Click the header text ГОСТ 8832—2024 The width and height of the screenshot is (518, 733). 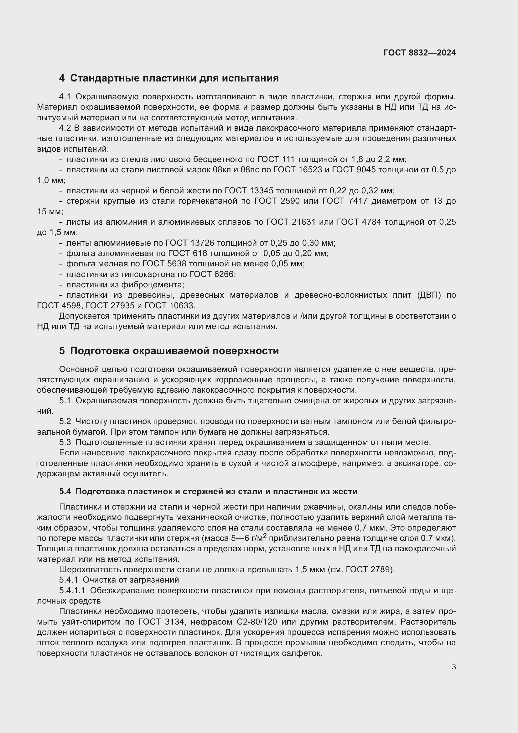click(419, 53)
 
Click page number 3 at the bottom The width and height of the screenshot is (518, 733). click(453, 667)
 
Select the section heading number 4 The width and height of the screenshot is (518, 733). click(62, 78)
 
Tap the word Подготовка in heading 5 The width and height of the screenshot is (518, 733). click(100, 351)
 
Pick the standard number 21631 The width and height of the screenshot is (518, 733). click(304, 222)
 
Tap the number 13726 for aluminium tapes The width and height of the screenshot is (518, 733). click(202, 243)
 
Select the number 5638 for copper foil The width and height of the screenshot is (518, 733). click(177, 264)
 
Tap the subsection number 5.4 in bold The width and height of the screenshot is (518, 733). click(65, 492)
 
